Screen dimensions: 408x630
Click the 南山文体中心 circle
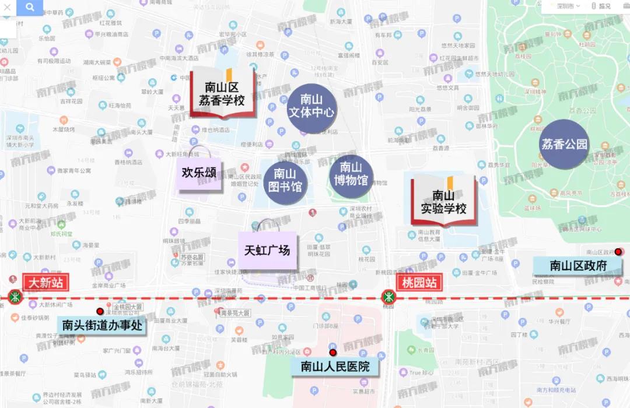click(x=312, y=105)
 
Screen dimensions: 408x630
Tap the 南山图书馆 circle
click(x=285, y=181)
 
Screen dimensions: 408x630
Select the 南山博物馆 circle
click(x=351, y=174)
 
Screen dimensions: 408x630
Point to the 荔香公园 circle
click(x=564, y=145)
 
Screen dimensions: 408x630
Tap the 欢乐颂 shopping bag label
click(x=199, y=173)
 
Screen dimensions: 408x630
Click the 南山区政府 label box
click(x=578, y=266)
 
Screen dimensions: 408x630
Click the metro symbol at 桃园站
click(x=388, y=297)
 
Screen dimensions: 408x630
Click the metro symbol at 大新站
click(x=15, y=297)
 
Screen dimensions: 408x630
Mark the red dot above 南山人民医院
click(x=333, y=353)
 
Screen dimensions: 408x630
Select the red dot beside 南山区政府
click(x=618, y=252)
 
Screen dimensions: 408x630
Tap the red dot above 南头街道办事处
click(x=100, y=312)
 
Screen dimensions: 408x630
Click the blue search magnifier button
click(x=30, y=8)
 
